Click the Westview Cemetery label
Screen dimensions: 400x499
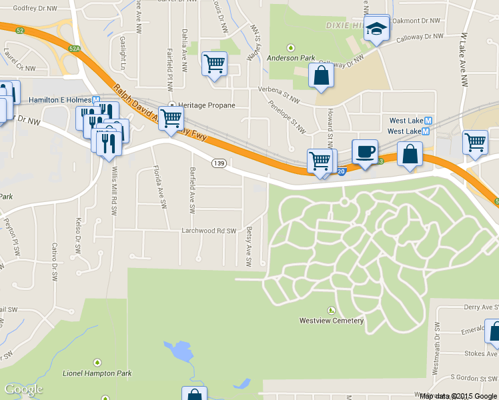(x=332, y=321)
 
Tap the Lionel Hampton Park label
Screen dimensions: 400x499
(x=97, y=373)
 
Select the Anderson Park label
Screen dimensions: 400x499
(x=291, y=58)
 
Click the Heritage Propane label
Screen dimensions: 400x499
(x=206, y=105)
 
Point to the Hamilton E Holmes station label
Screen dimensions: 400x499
(x=60, y=100)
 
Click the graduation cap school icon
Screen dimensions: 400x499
(x=378, y=29)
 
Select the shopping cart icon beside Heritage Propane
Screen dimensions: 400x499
(x=171, y=119)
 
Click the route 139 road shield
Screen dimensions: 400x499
(x=219, y=163)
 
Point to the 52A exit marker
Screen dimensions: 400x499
(x=75, y=47)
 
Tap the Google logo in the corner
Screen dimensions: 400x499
(x=23, y=389)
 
